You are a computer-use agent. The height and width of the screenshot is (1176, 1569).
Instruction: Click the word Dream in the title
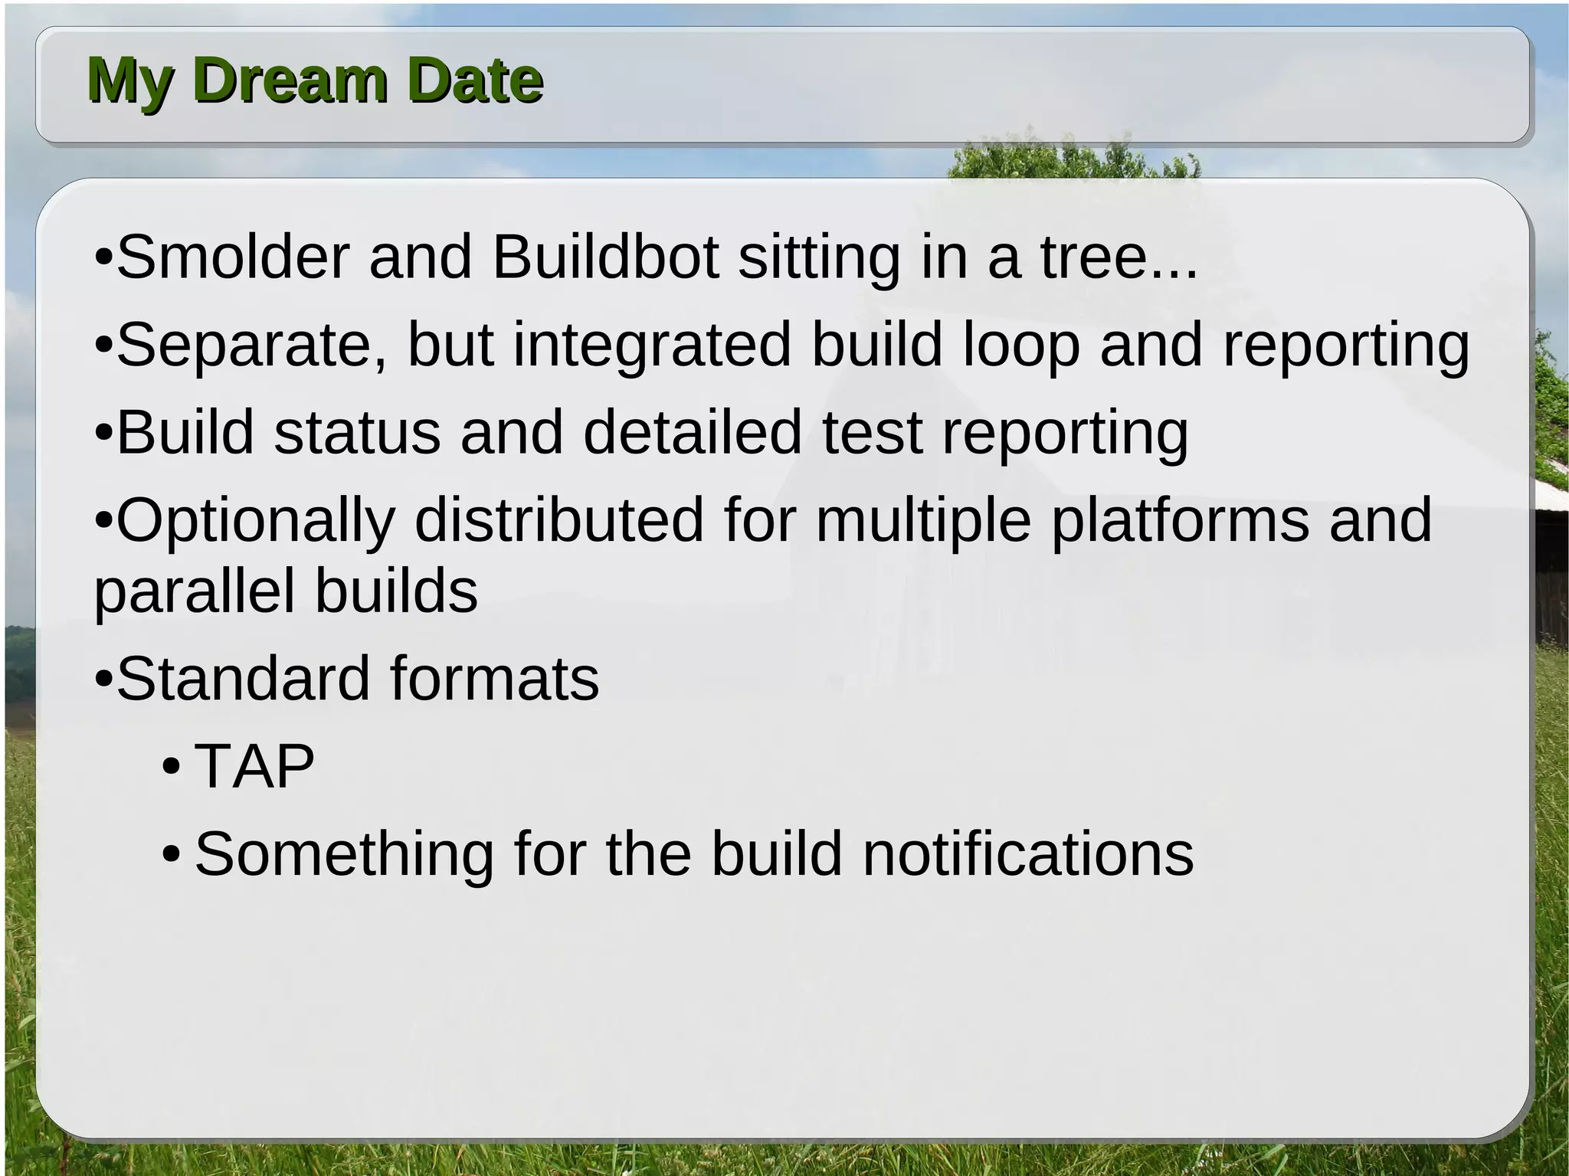[291, 80]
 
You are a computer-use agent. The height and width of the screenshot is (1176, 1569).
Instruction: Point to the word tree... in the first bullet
[1119, 258]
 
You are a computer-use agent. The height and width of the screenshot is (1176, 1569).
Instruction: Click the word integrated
[652, 346]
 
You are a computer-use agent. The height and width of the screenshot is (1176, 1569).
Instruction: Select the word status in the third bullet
[357, 433]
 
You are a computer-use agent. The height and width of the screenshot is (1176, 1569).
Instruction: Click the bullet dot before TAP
[172, 767]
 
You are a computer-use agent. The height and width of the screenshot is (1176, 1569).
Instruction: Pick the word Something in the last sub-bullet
[344, 854]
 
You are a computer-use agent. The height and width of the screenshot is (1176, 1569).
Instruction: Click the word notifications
[1028, 854]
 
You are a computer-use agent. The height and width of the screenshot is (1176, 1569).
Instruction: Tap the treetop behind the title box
[1073, 157]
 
